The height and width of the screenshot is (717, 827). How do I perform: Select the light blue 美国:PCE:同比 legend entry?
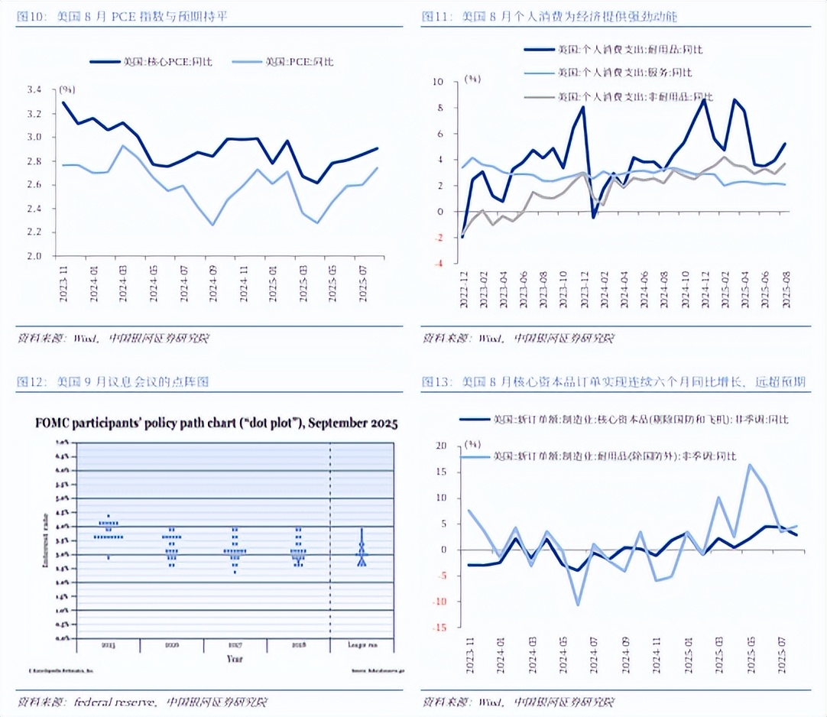[299, 62]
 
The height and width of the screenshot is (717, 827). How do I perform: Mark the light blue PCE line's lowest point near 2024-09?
[212, 225]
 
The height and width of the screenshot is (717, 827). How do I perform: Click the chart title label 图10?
[31, 17]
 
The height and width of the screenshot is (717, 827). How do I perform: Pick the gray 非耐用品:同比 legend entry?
[635, 97]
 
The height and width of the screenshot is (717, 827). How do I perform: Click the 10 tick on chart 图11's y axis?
[438, 81]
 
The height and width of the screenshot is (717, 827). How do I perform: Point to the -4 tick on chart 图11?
[438, 264]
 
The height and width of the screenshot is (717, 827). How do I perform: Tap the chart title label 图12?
[31, 381]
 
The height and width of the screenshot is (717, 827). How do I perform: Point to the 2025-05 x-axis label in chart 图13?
[750, 657]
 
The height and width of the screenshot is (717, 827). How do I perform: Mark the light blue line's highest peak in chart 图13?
[750, 464]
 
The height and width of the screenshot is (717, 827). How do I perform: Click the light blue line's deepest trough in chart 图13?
[578, 605]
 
